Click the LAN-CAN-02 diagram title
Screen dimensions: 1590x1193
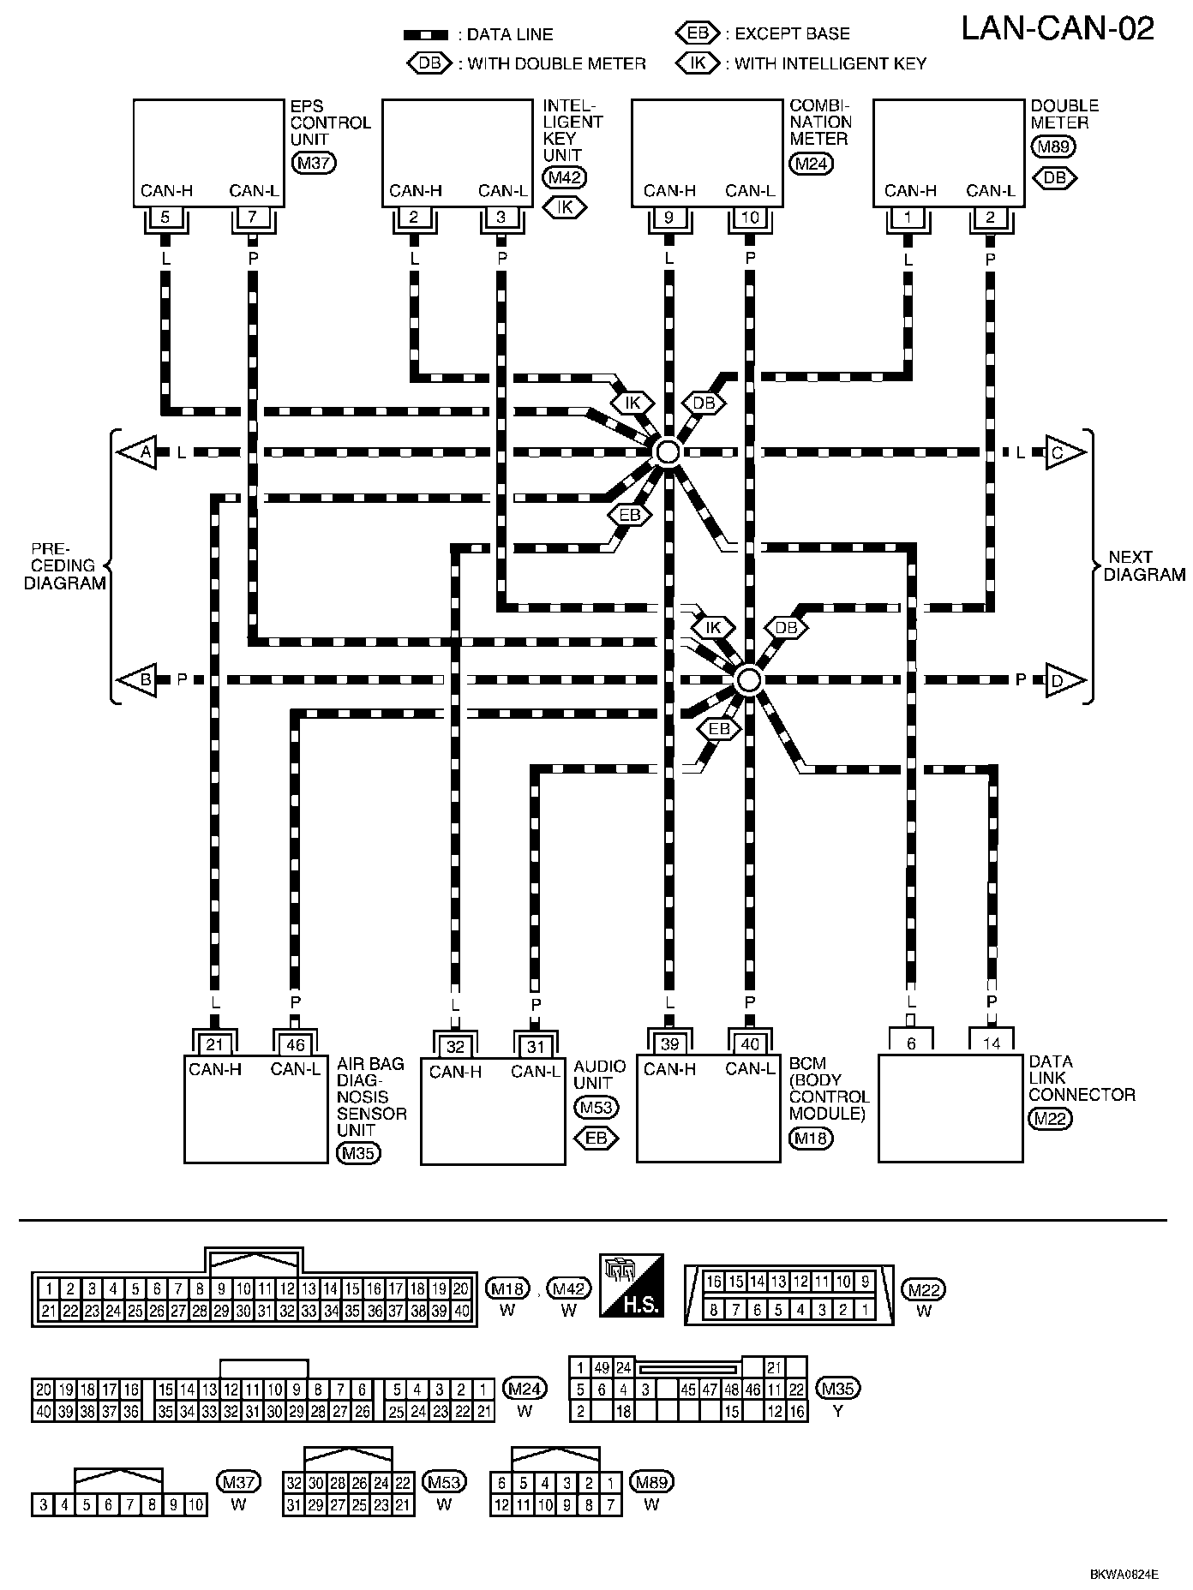pyautogui.click(x=1058, y=29)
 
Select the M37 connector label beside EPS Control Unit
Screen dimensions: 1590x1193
pyautogui.click(x=314, y=163)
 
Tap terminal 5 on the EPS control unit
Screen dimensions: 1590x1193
pyautogui.click(x=165, y=218)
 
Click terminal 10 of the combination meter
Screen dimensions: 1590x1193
pyautogui.click(x=750, y=218)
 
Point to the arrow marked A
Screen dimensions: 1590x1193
pyautogui.click(x=138, y=451)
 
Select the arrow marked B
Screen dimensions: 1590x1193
pyautogui.click(x=138, y=680)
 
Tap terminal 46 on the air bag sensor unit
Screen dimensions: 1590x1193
pyautogui.click(x=295, y=1045)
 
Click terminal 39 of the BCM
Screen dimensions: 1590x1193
pyautogui.click(x=669, y=1043)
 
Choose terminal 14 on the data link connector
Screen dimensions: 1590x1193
pyautogui.click(x=992, y=1043)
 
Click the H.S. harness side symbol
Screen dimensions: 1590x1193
pyautogui.click(x=631, y=1286)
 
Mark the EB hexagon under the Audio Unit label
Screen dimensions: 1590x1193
pyautogui.click(x=596, y=1138)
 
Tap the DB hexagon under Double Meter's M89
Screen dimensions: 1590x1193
pyautogui.click(x=1055, y=177)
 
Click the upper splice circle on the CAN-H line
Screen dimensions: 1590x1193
pyautogui.click(x=667, y=451)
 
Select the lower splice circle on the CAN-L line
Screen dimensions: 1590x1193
pyautogui.click(x=748, y=680)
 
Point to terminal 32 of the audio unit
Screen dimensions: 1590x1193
pyautogui.click(x=455, y=1047)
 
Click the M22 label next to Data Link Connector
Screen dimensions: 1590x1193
pyautogui.click(x=1050, y=1118)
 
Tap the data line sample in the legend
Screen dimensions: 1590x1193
pyautogui.click(x=426, y=35)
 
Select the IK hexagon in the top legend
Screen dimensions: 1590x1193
pyautogui.click(x=698, y=63)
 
